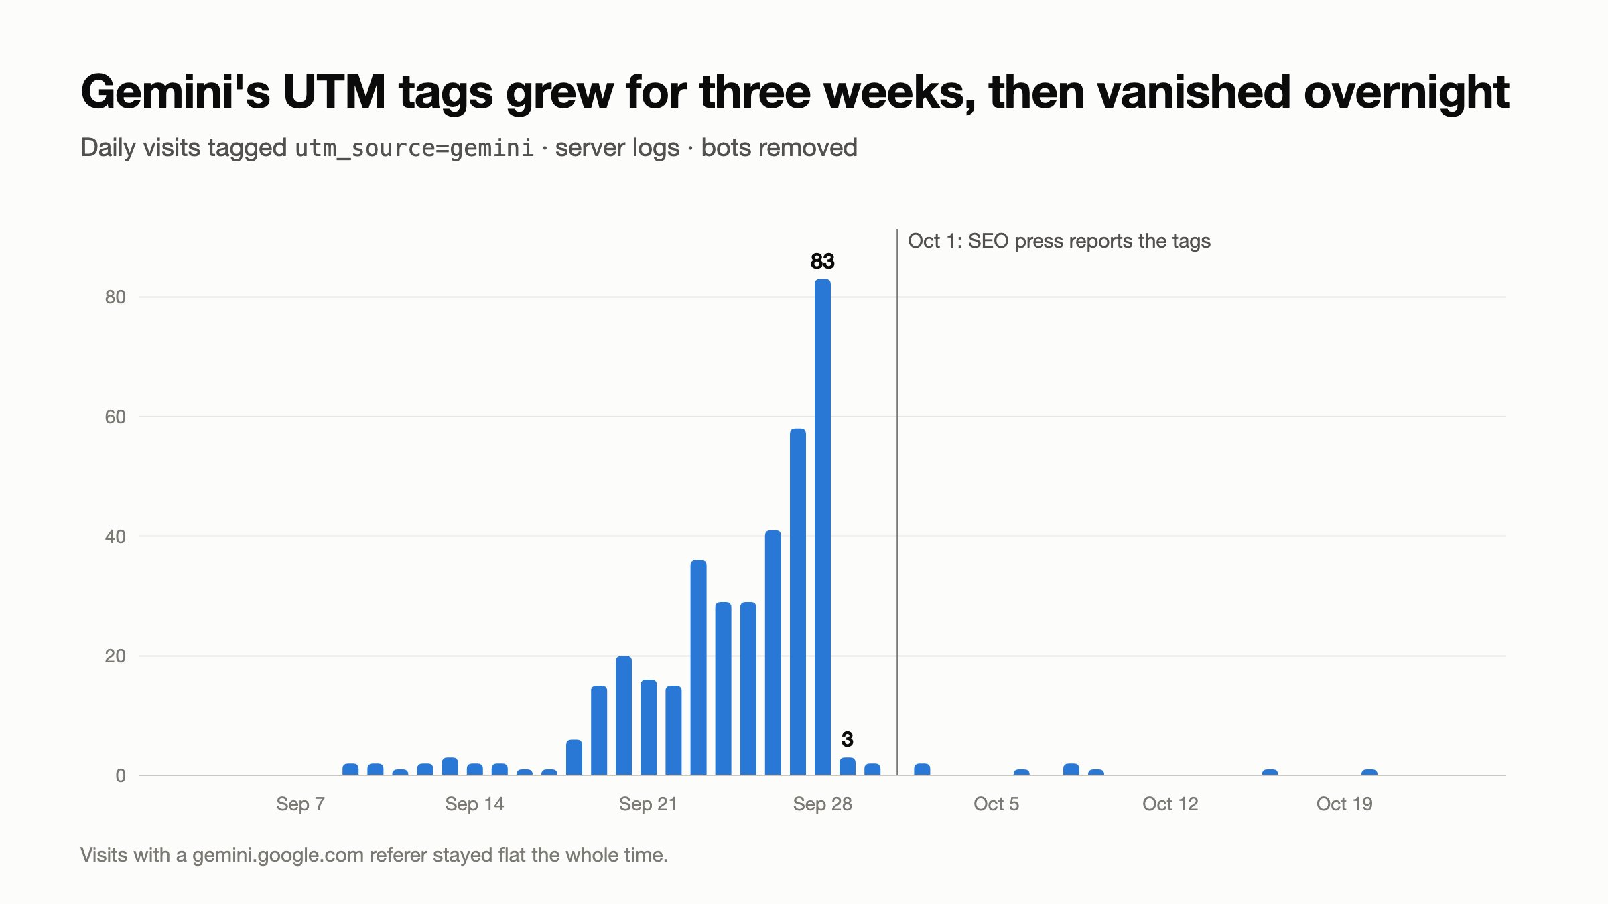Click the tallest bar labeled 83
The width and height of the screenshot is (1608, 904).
tap(823, 527)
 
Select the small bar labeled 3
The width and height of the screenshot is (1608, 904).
tap(848, 767)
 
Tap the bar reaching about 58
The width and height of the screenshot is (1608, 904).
tap(798, 602)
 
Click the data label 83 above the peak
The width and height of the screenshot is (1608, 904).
tap(823, 261)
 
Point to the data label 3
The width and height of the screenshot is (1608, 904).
tap(848, 739)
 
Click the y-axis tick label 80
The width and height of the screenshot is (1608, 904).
tap(115, 297)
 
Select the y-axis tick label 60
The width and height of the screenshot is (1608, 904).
tap(115, 417)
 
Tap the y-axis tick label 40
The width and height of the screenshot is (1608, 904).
tap(115, 536)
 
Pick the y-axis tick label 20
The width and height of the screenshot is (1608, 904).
tap(115, 656)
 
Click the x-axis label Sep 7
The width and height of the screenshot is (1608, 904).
tap(301, 804)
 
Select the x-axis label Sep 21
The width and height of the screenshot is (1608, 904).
tap(649, 804)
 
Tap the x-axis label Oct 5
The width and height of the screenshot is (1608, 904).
tap(996, 804)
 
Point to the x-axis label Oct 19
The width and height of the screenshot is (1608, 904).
tap(1345, 804)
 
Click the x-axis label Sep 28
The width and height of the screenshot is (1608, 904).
tap(823, 804)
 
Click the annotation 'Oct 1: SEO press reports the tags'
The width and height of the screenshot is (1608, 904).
tap(1059, 241)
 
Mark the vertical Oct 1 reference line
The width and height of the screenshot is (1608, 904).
tap(897, 502)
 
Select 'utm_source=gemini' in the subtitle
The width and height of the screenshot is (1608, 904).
tap(415, 148)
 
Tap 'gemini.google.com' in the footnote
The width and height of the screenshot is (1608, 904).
tap(278, 856)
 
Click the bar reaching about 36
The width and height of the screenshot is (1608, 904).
tap(698, 668)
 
